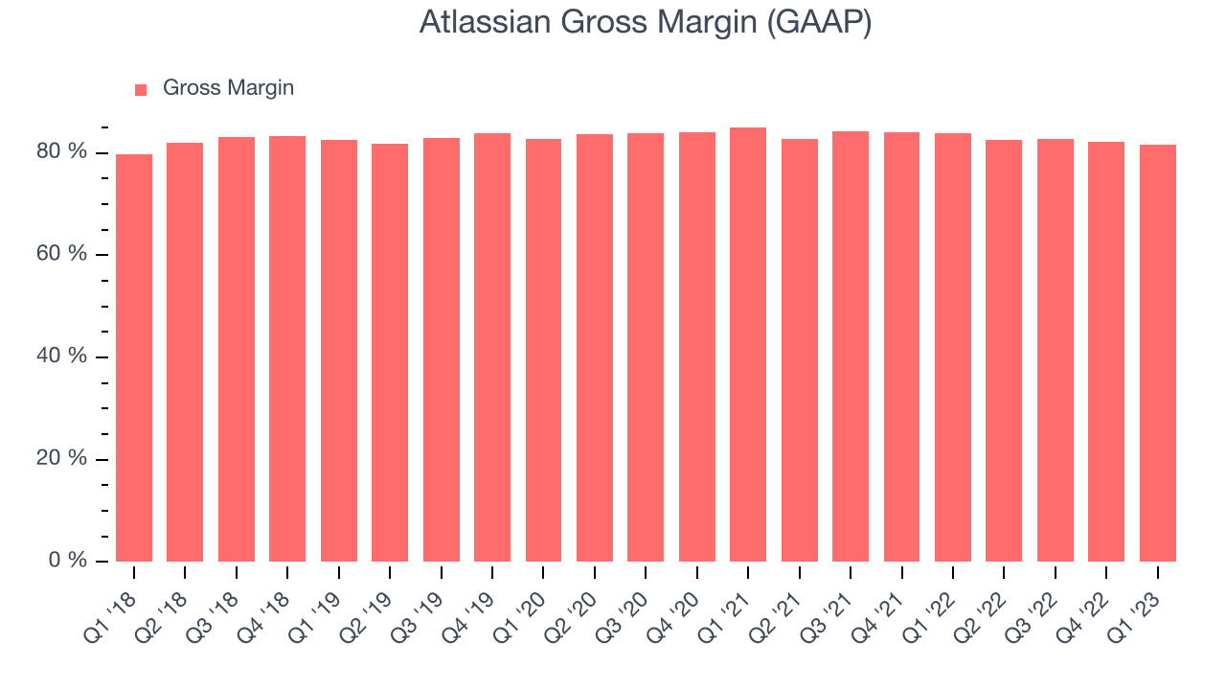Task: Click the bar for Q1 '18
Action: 134,358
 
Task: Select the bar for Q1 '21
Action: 748,344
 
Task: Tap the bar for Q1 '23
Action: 1158,354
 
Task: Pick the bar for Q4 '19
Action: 492,348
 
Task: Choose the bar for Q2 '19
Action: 390,353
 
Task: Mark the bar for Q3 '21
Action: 850,347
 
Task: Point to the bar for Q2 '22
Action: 1004,351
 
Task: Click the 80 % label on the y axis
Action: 61,151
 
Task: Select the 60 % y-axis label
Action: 61,254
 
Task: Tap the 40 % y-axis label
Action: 61,356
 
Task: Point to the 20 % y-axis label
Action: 61,458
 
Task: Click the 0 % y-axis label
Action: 68,561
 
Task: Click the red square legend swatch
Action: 141,90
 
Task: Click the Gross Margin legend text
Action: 228,88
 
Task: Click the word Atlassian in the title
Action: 485,22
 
